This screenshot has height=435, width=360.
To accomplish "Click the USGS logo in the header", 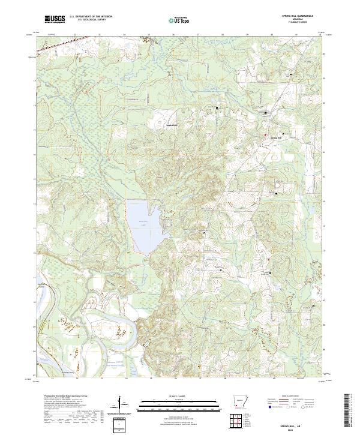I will pos(55,20).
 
